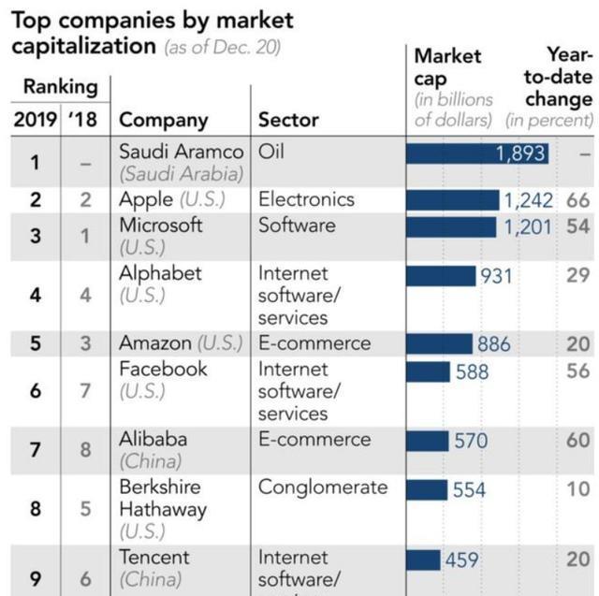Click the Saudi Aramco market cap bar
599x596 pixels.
click(x=477, y=153)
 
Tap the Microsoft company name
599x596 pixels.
click(x=160, y=225)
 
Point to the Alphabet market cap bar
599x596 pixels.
click(x=441, y=275)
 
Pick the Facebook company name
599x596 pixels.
click(x=163, y=370)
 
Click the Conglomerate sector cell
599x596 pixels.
click(x=322, y=487)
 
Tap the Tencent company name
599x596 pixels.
click(x=153, y=558)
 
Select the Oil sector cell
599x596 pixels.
click(x=270, y=152)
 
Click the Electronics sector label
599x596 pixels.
click(x=306, y=200)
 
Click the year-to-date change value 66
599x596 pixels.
click(x=577, y=200)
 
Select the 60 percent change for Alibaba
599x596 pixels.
click(x=577, y=440)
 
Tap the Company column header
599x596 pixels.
click(x=164, y=120)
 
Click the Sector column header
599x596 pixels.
click(x=288, y=120)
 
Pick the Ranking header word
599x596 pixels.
click(x=60, y=87)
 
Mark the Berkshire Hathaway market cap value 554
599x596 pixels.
click(x=470, y=488)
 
